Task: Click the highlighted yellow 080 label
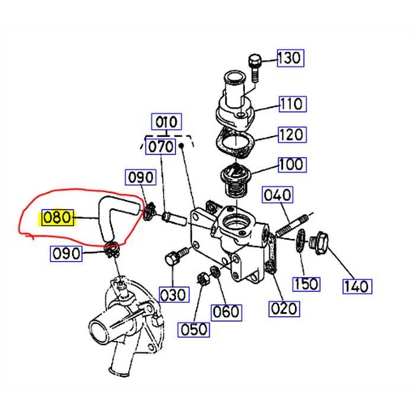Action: click(x=58, y=217)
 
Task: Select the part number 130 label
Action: click(x=289, y=58)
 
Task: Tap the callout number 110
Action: click(x=292, y=103)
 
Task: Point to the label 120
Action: click(x=292, y=135)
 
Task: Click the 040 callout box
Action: click(x=277, y=195)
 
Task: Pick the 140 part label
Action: click(x=356, y=285)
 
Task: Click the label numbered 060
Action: click(x=226, y=310)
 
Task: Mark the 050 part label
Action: click(x=195, y=329)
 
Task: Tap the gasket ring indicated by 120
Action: click(x=236, y=144)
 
